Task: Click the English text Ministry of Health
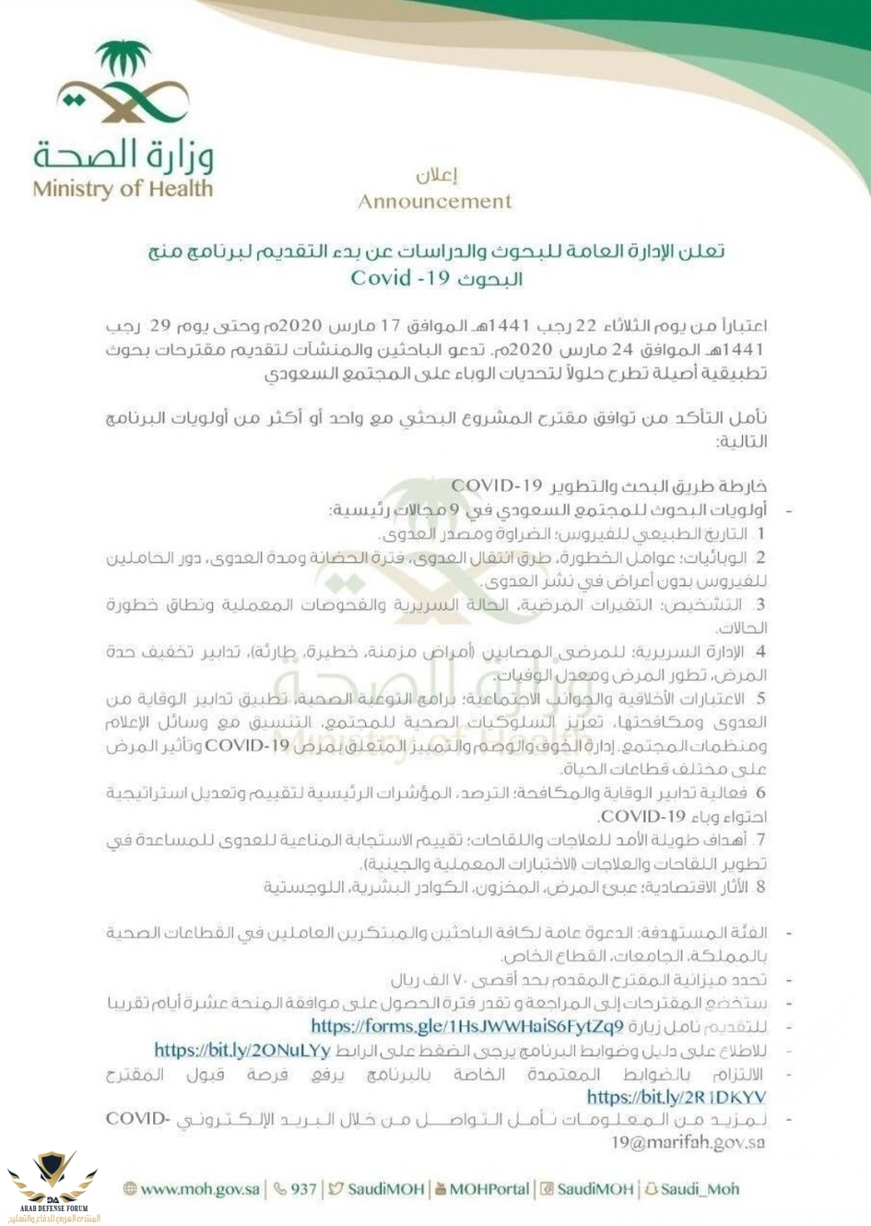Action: (x=122, y=190)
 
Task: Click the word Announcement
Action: (x=435, y=202)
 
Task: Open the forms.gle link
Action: (x=466, y=1026)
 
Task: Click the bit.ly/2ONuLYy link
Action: (x=241, y=1050)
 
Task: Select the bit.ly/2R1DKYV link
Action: (x=676, y=1097)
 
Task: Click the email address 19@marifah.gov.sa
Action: (x=688, y=1143)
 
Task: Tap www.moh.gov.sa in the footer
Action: (x=200, y=1189)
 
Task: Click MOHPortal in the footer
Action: (x=488, y=1189)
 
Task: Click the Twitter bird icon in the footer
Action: (x=336, y=1189)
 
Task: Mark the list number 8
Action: (x=759, y=888)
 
